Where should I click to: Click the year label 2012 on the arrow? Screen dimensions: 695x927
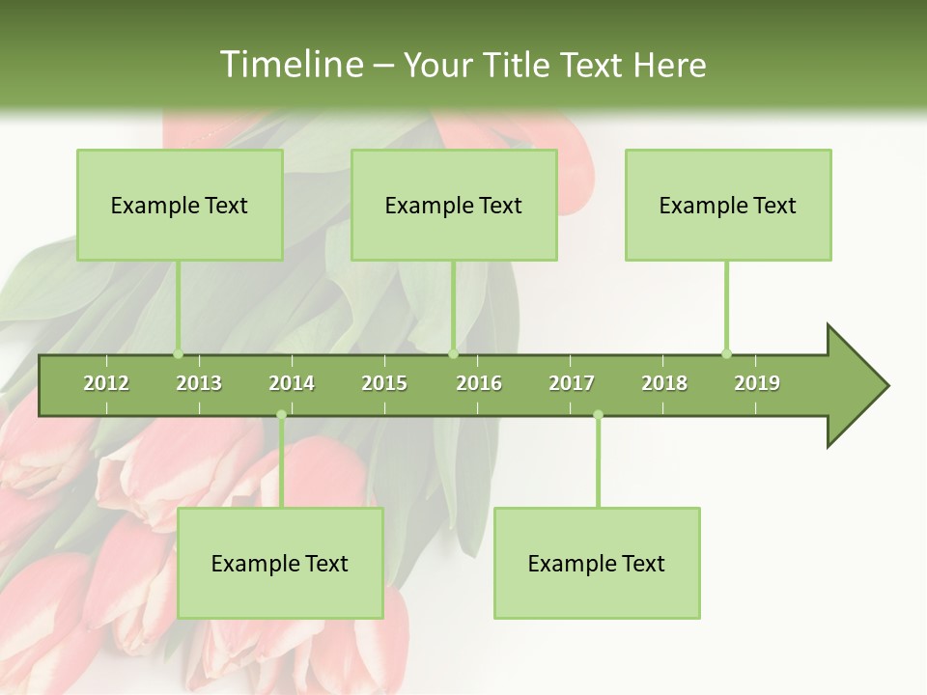point(106,383)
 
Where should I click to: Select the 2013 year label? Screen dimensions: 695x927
point(199,383)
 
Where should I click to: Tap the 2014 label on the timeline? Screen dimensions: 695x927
point(292,383)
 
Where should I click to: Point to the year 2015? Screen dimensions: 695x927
point(384,383)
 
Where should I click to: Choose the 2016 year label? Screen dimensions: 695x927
point(479,383)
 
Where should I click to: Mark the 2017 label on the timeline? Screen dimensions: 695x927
point(572,383)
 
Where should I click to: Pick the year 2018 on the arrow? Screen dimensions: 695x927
point(664,383)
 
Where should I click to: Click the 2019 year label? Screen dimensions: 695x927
point(757,383)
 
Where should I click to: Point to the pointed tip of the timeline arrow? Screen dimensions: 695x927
point(885,386)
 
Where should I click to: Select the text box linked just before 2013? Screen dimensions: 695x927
point(180,205)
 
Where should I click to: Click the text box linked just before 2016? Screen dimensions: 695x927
point(454,205)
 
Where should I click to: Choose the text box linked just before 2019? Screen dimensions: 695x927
point(728,205)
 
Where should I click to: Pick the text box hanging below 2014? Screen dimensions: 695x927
point(280,563)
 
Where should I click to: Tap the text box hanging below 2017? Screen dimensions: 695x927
point(597,563)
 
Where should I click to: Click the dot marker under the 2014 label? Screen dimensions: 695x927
point(281,415)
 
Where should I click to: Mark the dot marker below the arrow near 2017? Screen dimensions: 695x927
point(598,415)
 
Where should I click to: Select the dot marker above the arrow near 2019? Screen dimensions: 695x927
point(726,353)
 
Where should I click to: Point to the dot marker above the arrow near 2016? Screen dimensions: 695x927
point(453,353)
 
